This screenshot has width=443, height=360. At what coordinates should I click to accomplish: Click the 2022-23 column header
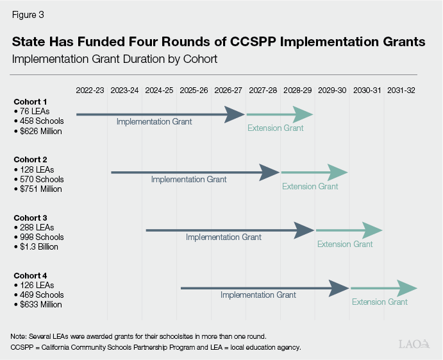point(89,90)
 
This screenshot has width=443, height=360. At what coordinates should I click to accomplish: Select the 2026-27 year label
point(228,90)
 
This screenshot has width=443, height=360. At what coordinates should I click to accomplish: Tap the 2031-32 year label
point(401,90)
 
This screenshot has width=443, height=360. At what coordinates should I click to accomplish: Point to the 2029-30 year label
point(331,90)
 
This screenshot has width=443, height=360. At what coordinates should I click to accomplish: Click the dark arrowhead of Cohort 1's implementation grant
point(235,114)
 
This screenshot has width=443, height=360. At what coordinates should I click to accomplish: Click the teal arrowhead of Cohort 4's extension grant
point(406,288)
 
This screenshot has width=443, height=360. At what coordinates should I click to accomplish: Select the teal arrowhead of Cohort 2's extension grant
point(337,172)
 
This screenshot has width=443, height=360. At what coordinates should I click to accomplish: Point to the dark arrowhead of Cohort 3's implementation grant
point(304,230)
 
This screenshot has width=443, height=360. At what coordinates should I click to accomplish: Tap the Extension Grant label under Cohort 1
point(275,128)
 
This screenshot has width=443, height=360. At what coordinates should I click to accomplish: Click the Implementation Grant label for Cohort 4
point(258,295)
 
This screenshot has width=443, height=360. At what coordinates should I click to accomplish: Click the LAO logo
point(414,344)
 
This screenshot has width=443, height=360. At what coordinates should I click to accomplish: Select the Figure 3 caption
point(28,13)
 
